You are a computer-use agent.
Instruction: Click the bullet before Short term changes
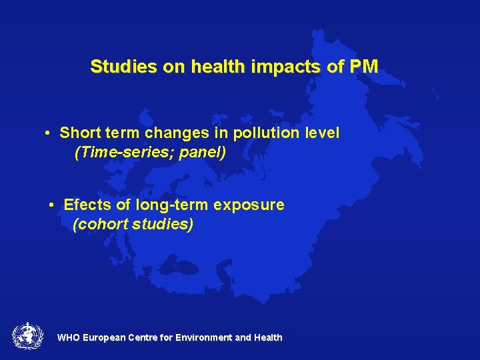click(x=49, y=133)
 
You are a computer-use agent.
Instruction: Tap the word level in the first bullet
click(x=322, y=133)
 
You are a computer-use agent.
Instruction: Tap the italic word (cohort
click(x=100, y=224)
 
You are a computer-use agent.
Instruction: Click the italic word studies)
click(x=163, y=224)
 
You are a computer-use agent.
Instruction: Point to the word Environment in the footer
click(x=202, y=338)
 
